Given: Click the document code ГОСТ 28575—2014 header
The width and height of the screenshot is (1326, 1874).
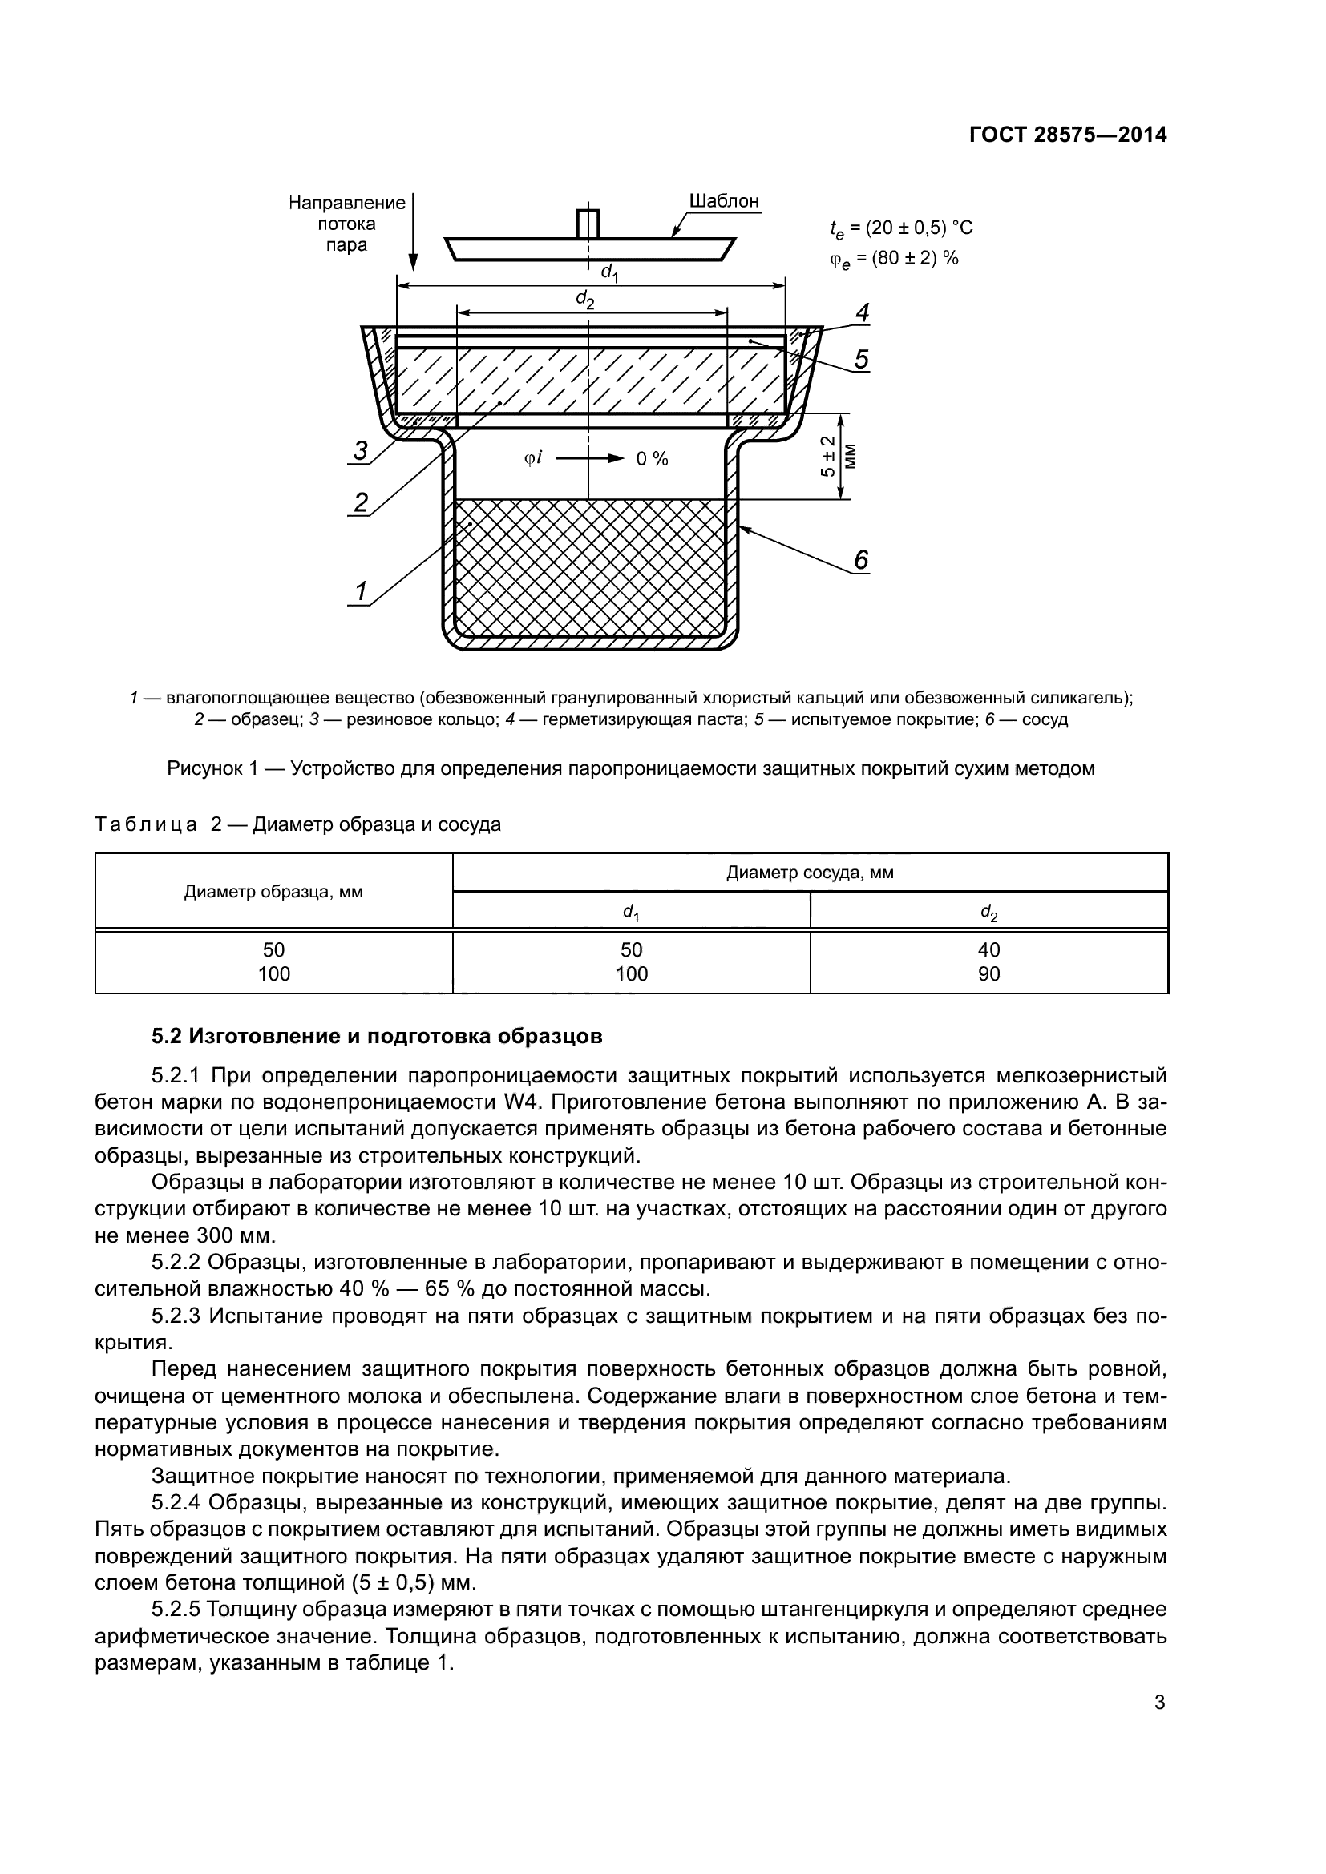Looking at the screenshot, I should (1068, 135).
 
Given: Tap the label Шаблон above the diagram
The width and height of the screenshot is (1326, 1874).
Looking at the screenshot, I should (723, 201).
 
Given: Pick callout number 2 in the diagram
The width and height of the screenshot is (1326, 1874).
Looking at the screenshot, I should (361, 502).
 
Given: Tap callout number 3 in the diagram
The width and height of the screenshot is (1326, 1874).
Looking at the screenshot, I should (360, 450).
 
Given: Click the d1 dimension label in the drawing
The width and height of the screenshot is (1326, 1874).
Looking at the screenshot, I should (609, 272).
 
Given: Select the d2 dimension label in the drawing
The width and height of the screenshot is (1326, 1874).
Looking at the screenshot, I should (584, 300).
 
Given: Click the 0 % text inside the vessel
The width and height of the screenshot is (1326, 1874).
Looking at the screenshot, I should (652, 460).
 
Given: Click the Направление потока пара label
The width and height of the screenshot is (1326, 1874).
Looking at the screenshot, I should (346, 224).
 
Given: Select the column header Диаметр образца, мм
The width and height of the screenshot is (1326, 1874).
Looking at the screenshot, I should (273, 891).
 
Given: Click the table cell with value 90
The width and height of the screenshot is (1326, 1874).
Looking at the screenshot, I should (988, 973).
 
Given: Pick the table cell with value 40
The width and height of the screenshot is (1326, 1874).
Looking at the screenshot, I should (988, 950).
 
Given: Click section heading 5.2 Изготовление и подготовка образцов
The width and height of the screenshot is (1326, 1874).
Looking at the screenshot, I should (378, 1037).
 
